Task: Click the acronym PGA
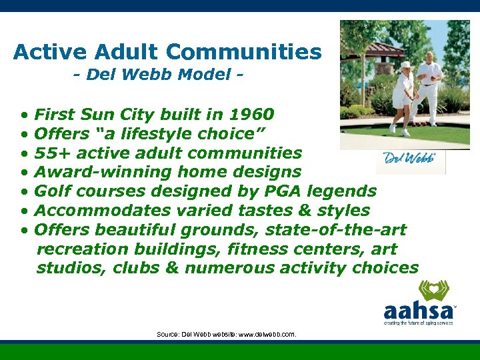[x=291, y=191]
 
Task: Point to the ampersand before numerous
[x=174, y=268]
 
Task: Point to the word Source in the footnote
[x=167, y=333]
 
